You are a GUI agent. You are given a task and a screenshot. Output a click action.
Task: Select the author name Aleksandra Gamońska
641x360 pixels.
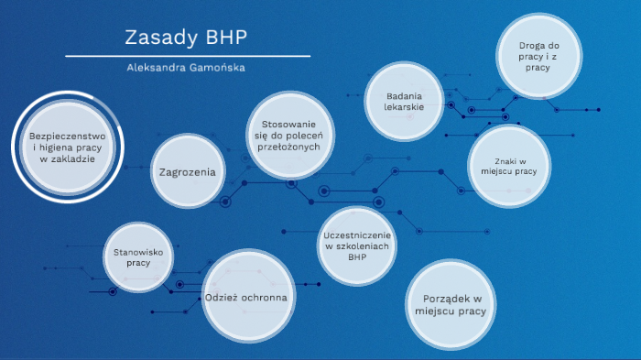186,68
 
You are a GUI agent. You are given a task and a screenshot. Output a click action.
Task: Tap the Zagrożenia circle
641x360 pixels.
187,171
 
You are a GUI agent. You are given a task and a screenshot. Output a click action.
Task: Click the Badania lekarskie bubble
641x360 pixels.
404,101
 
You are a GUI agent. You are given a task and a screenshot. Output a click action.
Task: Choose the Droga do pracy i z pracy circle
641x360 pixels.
538,56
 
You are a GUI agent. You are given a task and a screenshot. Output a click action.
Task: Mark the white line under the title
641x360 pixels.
186,57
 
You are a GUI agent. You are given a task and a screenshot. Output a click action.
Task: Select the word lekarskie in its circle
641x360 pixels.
404,108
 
